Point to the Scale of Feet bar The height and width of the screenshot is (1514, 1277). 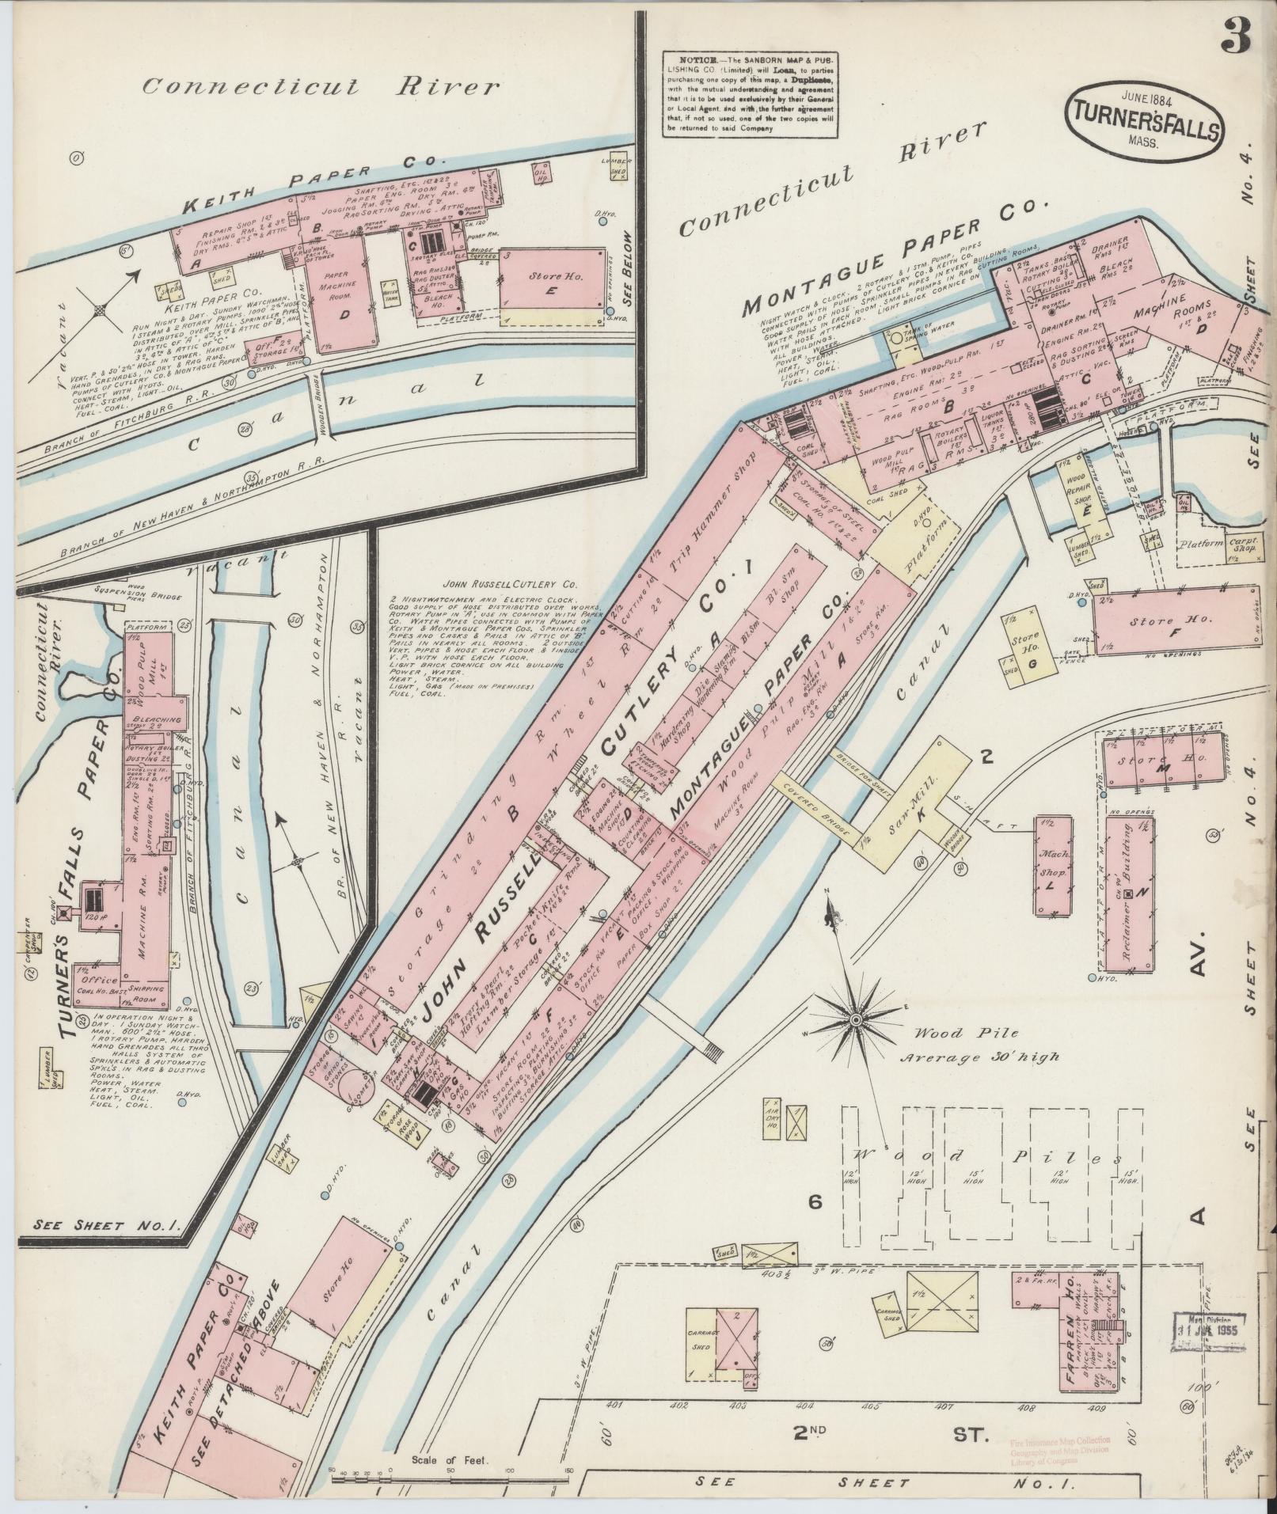point(450,1470)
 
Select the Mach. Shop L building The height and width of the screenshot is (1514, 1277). point(1051,867)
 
